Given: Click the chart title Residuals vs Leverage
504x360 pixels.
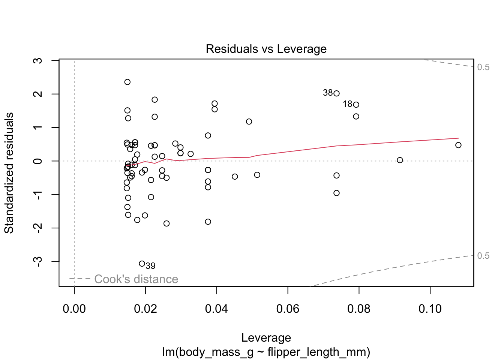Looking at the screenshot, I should pos(266,49).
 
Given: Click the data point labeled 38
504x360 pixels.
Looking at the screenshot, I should pos(336,93).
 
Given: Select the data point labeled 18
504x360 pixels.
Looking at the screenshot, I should pos(356,105).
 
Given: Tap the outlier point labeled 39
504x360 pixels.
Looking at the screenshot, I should pos(142,264).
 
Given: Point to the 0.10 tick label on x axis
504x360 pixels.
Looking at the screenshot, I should pos(430,309).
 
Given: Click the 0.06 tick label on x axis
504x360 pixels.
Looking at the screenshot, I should pos(288,309).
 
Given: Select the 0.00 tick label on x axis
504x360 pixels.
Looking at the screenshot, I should pos(74,309).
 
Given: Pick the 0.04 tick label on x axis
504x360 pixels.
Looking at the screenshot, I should pos(216,309).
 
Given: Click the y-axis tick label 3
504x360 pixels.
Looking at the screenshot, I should pos(38,61).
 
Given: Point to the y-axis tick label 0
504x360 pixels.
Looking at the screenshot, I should pos(38,161).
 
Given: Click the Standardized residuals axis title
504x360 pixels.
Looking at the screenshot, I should pos(9,173).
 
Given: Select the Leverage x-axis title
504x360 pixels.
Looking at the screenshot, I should pos(266,338).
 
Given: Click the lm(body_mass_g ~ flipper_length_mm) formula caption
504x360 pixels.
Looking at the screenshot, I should pos(266,352).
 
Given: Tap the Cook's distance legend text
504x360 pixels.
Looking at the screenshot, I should pos(136,279).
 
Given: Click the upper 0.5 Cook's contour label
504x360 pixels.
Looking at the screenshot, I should pos(483,67).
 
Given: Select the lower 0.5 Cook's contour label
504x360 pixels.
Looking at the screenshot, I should pos(483,256).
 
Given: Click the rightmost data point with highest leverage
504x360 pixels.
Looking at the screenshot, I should pos(458,145).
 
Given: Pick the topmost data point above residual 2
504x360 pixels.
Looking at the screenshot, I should pos(127,82).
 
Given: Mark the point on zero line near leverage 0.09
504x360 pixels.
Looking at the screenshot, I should pos(400,160).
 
